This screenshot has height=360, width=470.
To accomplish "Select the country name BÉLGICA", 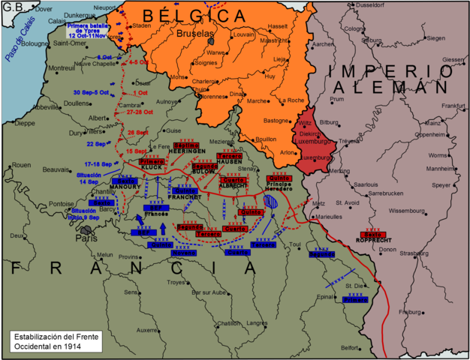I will click(194, 14).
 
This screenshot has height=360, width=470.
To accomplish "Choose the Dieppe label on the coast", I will click(25, 123).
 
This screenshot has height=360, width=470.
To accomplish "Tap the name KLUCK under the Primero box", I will click(154, 168).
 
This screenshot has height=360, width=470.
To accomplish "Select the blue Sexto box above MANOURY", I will click(125, 180).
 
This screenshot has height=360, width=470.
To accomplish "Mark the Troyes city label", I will click(176, 282).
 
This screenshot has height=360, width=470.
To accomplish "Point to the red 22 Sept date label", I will click(95, 144).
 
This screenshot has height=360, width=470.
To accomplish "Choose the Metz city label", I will click(318, 203).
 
